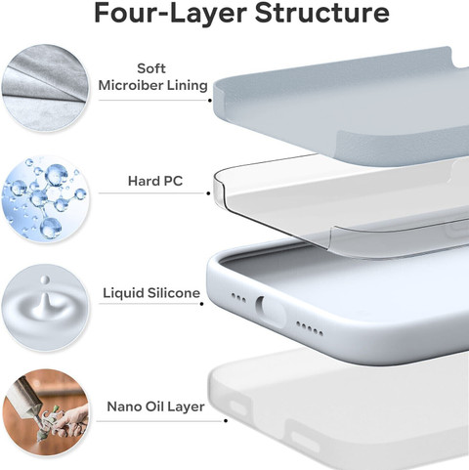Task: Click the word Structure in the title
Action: pos(321,13)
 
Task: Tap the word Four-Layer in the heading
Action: pos(170,14)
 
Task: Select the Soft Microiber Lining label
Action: pos(152,77)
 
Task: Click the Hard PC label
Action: pos(155,181)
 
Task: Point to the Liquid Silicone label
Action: pos(151,293)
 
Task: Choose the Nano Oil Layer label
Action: pos(155,406)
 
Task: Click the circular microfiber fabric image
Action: pos(46,88)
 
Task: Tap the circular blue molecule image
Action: pos(45,198)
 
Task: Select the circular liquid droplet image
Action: pos(45,308)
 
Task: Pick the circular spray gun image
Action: pos(46,412)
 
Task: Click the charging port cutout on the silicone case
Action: pos(271,311)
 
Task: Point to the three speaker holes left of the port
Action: pos(238,298)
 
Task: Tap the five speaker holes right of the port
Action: pos(310,328)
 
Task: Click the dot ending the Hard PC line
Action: pos(208,193)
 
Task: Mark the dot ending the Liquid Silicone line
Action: pos(202,304)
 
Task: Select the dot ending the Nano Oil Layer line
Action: pos(226,421)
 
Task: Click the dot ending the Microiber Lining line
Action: pos(210,101)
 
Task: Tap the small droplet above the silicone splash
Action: pos(45,279)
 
